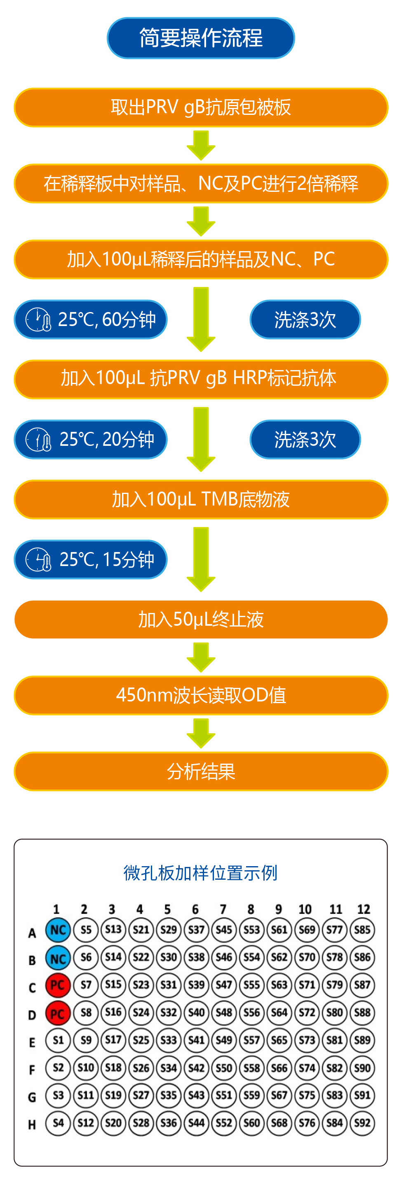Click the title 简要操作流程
[x=200, y=38]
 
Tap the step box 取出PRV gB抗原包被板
[x=200, y=107]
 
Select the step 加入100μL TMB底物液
[x=200, y=499]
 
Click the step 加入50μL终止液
[x=200, y=619]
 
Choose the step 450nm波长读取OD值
[x=200, y=695]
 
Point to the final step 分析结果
[x=200, y=771]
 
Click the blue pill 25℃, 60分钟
[x=90, y=319]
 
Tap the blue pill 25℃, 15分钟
[x=90, y=559]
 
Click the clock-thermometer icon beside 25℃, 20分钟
[x=38, y=440]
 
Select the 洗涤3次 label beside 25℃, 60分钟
[x=305, y=319]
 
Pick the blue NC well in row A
[x=58, y=930]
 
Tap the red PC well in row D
[x=58, y=1012]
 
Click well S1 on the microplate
[x=58, y=1040]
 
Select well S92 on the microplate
[x=362, y=1123]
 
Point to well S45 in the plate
[x=224, y=930]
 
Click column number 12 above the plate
[x=364, y=909]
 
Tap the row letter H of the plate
[x=32, y=1125]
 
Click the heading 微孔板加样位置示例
[x=200, y=872]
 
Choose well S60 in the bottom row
[x=251, y=1123]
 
